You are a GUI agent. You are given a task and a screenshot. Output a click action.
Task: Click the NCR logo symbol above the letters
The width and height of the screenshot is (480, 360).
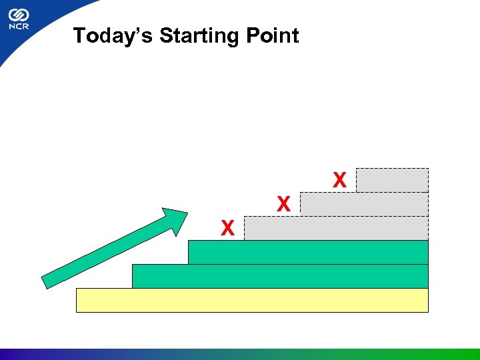(x=18, y=14)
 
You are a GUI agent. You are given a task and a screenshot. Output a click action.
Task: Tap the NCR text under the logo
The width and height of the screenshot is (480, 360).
(x=18, y=28)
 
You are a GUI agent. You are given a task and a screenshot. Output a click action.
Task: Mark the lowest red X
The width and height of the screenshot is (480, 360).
(x=227, y=229)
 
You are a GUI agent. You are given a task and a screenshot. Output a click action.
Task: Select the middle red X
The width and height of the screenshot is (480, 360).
(x=283, y=205)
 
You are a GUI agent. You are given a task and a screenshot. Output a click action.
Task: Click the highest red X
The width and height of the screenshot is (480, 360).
(x=339, y=180)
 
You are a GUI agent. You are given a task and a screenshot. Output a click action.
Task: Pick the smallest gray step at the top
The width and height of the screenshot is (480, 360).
(x=392, y=180)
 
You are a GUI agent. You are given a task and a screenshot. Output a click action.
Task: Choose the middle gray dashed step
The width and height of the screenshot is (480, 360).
(x=364, y=204)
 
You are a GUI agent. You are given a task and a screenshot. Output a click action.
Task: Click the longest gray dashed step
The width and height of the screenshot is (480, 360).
(x=336, y=228)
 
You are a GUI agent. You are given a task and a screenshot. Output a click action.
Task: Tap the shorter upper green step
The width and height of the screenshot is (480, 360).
(x=308, y=252)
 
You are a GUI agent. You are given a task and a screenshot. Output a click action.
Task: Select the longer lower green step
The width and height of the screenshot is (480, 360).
(x=280, y=276)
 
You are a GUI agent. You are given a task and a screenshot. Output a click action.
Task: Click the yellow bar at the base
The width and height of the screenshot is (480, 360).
(x=252, y=300)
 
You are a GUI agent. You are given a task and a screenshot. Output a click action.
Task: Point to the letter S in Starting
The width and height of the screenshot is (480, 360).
(x=166, y=35)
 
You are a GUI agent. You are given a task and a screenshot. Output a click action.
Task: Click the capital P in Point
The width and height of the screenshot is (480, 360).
(x=250, y=35)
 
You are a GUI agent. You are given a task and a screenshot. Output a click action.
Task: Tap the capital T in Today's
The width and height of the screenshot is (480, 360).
(x=79, y=35)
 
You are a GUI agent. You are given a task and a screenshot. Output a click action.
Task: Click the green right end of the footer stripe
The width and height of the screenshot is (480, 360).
(x=460, y=354)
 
